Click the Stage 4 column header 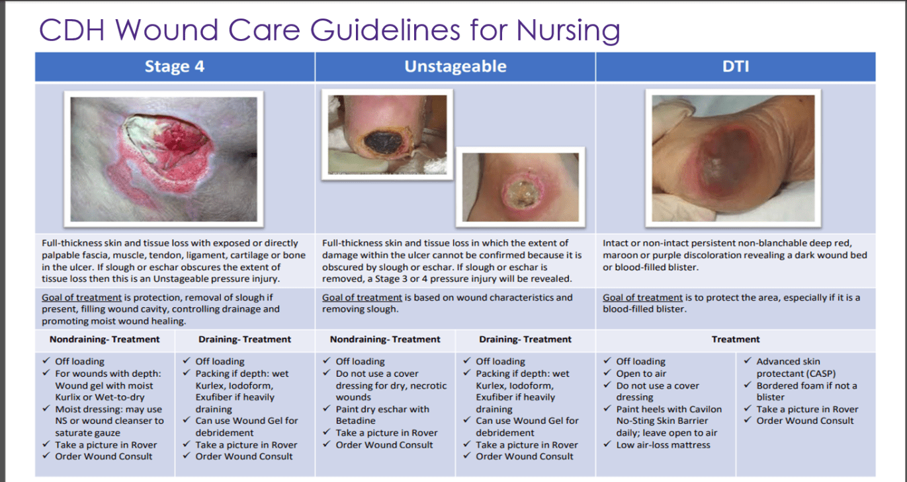(x=175, y=66)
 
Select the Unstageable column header (x=455, y=66)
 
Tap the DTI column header (x=735, y=66)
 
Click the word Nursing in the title (x=568, y=30)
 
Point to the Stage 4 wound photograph (x=163, y=159)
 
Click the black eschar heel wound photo (x=387, y=134)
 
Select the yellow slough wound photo (x=521, y=187)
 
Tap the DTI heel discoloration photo (x=733, y=158)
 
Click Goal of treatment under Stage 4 (x=81, y=297)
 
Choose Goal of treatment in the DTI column (x=642, y=297)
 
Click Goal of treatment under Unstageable (x=362, y=297)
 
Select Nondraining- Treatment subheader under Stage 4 (x=105, y=339)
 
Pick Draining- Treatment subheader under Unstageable (x=525, y=339)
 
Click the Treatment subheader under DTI (x=736, y=339)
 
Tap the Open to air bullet (x=641, y=373)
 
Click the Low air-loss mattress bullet (x=664, y=445)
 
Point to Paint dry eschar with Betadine (x=382, y=414)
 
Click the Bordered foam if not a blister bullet (x=806, y=391)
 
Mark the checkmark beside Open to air (x=607, y=373)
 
